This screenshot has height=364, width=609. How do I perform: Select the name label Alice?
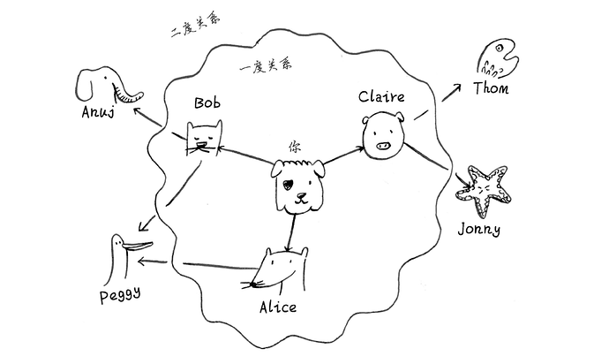[277, 307]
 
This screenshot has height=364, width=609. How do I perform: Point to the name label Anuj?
[96, 112]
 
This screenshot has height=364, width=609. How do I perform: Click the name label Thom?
[491, 87]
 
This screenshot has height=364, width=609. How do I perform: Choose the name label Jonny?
[479, 230]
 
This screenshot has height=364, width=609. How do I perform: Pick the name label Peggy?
[119, 292]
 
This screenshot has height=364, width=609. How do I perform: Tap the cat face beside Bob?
[204, 140]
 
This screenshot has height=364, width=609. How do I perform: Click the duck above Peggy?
[118, 254]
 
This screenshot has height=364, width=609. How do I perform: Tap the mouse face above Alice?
[281, 270]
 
